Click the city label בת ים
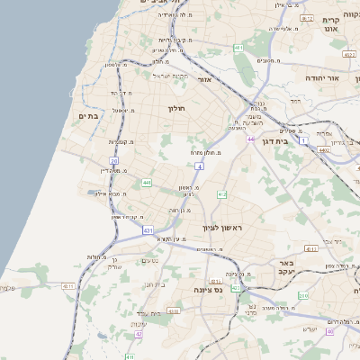[87, 115]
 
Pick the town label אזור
[203, 80]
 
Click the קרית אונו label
[330, 24]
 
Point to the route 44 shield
[251, 139]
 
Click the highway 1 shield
[304, 140]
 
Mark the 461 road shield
[238, 48]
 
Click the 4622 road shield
[348, 55]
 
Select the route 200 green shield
[304, 295]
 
